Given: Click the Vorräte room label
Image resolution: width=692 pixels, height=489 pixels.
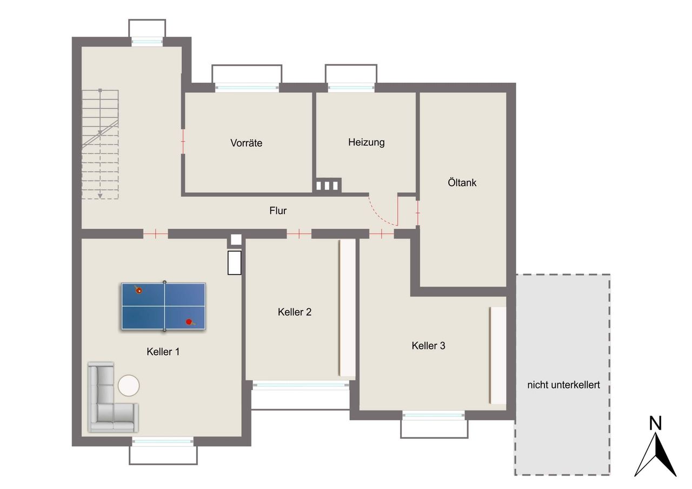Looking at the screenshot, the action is pos(246,143).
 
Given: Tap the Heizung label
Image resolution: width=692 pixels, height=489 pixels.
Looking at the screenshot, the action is pos(367,142).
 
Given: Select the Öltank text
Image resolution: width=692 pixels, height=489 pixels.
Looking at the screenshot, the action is pos(462,182).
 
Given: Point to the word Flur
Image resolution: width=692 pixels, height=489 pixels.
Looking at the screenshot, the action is pos(278,211).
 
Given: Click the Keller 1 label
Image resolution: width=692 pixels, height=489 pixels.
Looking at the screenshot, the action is pos(163,352).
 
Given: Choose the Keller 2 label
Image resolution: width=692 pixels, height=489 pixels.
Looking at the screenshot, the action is pos(295,312).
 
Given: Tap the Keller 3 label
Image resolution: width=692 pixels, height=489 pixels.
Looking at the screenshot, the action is pos(428,346).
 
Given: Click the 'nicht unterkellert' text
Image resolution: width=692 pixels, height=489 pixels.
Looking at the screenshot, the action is pos(563,385).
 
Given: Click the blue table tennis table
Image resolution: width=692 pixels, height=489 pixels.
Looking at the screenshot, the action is pos(163,306).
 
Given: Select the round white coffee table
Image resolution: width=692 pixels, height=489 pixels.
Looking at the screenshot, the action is pos(129,386).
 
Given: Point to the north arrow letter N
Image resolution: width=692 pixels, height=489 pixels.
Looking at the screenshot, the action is pos(655,423).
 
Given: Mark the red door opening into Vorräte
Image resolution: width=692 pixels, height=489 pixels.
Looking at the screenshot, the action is pos(183,142).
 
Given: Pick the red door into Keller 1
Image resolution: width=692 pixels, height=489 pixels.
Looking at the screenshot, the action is pos(155,234).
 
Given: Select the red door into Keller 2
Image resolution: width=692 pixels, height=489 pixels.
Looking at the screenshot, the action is pos(299,234).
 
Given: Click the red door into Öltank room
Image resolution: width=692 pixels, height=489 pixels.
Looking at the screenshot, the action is pos(418,213).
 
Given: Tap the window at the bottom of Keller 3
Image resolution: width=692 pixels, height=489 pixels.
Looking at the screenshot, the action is pos(434,415).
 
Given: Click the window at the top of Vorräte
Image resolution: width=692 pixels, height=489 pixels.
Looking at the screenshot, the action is pos(247,88).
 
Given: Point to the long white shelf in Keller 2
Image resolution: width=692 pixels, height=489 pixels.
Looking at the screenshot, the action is pos(347,308).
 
